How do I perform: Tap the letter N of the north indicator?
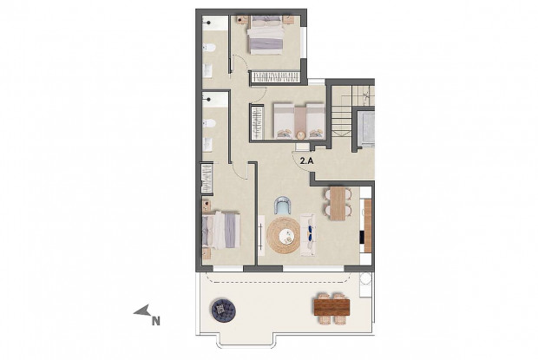pyautogui.click(x=155, y=321)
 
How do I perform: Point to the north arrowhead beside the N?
pyautogui.click(x=141, y=311)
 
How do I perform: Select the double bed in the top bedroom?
pyautogui.click(x=264, y=37)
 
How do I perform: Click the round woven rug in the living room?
pyautogui.click(x=285, y=234)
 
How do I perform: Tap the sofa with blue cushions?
pyautogui.click(x=310, y=233)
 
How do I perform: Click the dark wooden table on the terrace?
pyautogui.click(x=331, y=305)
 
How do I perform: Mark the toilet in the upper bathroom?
pyautogui.click(x=208, y=69)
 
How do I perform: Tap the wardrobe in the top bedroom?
pyautogui.click(x=276, y=78)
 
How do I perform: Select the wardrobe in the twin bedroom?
pyautogui.click(x=256, y=121)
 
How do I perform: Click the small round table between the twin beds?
pyautogui.click(x=300, y=134)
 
